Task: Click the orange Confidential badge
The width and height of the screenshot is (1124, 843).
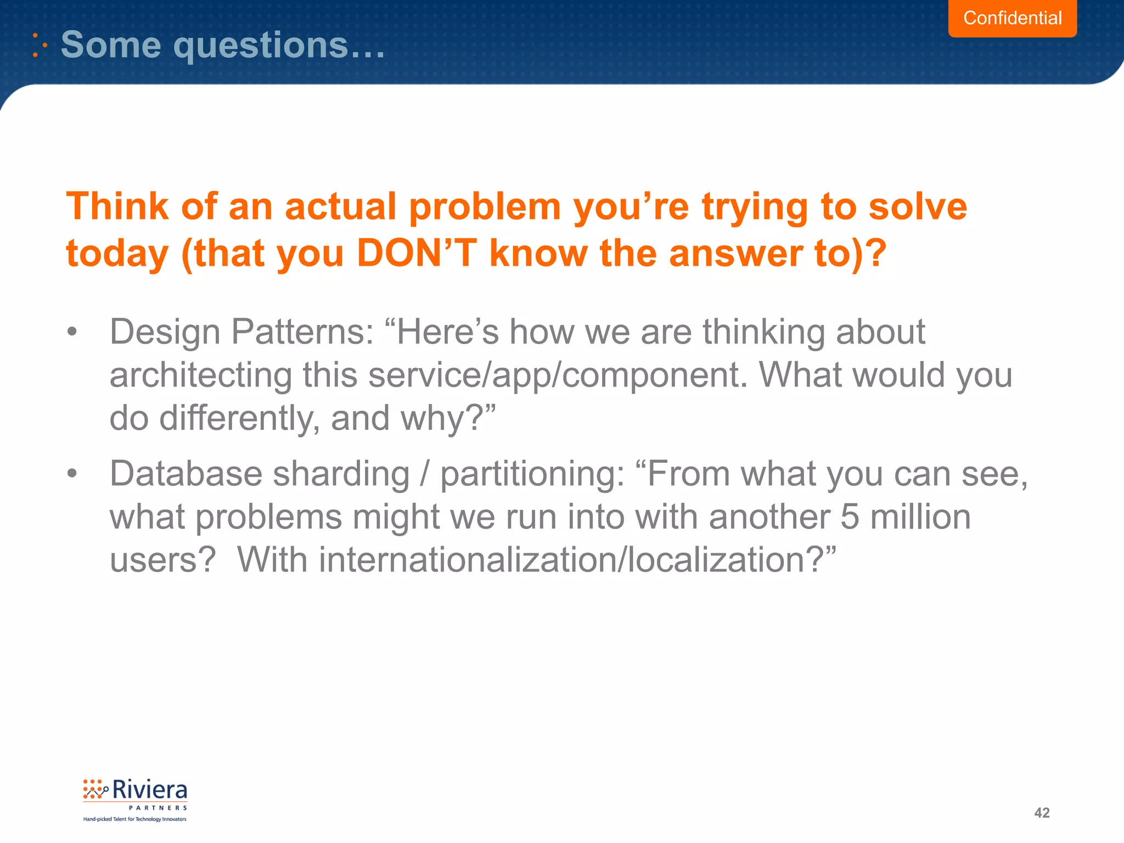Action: tap(1012, 18)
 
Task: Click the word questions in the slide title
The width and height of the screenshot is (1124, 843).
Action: tap(261, 45)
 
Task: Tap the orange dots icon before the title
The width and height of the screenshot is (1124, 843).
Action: tap(40, 45)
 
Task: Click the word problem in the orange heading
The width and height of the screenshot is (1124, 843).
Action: tap(485, 207)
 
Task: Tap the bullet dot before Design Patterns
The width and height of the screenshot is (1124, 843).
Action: tap(72, 332)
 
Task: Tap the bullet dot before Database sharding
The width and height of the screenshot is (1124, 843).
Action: tap(72, 474)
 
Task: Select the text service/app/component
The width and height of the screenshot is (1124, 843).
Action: tap(558, 376)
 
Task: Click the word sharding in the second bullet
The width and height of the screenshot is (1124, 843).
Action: tap(341, 474)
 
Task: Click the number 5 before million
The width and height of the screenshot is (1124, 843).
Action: tap(849, 517)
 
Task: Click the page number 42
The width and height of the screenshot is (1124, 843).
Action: tap(1042, 813)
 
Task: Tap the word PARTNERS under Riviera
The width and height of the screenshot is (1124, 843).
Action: tap(158, 808)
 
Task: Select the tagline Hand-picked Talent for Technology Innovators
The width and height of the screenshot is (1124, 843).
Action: tap(135, 819)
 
